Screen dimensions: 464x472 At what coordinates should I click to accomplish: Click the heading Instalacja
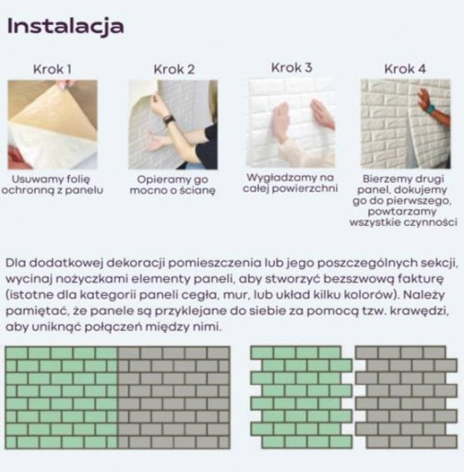coord(65,27)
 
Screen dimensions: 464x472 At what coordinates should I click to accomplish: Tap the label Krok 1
coord(53,69)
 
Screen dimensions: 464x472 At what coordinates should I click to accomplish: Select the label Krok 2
coord(174,69)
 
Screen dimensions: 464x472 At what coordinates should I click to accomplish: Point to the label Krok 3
coord(291,67)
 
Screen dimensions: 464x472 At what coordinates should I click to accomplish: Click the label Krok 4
coord(405,69)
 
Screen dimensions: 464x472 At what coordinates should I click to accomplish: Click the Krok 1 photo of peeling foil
coord(53,124)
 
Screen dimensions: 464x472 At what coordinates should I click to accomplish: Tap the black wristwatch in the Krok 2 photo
coord(169,120)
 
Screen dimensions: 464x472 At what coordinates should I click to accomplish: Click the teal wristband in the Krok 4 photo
coord(431,109)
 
